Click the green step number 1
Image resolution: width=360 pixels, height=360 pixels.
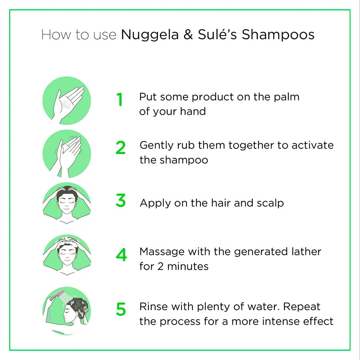[120, 100]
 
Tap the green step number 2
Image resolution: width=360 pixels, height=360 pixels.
[120, 148]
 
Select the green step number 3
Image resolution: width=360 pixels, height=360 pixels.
[120, 201]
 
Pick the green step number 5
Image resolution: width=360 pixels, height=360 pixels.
[120, 310]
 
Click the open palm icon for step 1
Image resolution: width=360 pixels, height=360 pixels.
[66, 100]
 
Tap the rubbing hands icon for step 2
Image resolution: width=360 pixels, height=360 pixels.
[66, 154]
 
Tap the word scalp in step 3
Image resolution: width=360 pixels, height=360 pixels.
[270, 203]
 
